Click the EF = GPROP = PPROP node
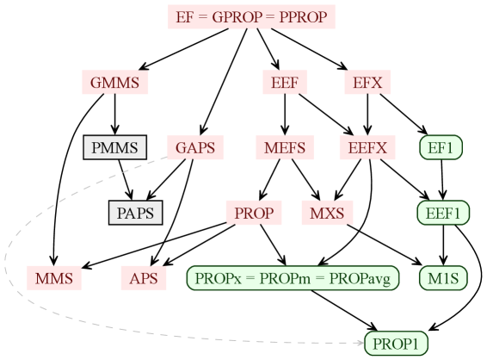[250, 16]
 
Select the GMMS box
[114, 83]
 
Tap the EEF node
[284, 83]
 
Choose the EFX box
[367, 83]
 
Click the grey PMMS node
[114, 147]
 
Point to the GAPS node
[194, 147]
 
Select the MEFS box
[284, 147]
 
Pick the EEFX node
[367, 147]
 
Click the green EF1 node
[441, 147]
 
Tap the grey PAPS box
[135, 213]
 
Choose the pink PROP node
[254, 213]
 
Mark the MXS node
[327, 213]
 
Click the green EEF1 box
[443, 213]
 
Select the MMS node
[54, 278]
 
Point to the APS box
[143, 278]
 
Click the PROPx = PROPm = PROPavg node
[293, 278]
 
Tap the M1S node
[443, 278]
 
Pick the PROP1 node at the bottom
[396, 344]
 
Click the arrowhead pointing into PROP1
[359, 343]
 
